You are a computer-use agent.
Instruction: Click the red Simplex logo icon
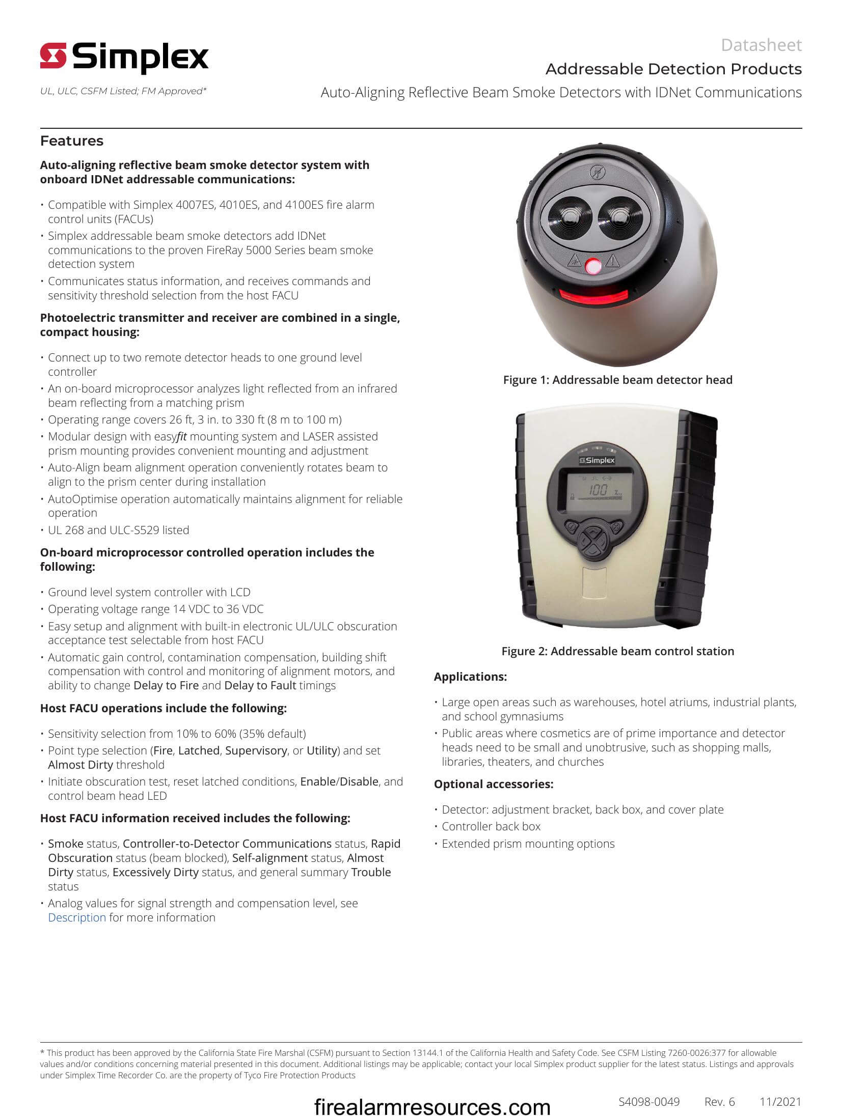53,56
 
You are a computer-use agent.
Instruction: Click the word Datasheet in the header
761,45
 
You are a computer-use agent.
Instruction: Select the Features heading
72,141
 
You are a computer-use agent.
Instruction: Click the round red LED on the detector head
593,267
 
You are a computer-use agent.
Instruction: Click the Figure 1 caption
617,380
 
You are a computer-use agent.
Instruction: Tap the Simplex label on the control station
597,460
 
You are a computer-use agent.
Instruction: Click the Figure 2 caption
617,651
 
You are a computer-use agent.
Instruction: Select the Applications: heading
470,677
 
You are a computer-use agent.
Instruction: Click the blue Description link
77,917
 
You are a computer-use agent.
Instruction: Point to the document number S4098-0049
648,1102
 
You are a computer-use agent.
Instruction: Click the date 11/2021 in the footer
780,1102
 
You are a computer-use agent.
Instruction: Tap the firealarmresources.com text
432,1107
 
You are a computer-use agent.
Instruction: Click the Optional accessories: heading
493,784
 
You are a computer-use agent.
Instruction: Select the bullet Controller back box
491,827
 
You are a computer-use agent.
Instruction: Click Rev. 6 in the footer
719,1102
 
